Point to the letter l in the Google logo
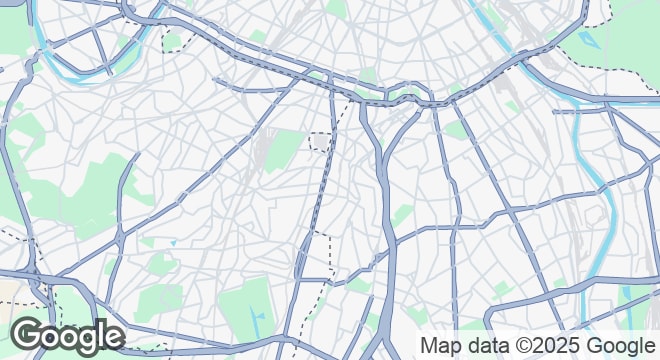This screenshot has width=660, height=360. (x=100, y=334)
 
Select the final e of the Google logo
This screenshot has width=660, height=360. (x=113, y=337)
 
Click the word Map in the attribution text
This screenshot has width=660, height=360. (x=440, y=346)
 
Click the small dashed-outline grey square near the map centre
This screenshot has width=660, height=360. (x=319, y=141)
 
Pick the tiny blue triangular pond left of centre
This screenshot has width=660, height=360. (x=173, y=242)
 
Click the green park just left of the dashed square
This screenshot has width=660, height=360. (x=284, y=150)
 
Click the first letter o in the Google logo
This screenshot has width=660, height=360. (x=49, y=337)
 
